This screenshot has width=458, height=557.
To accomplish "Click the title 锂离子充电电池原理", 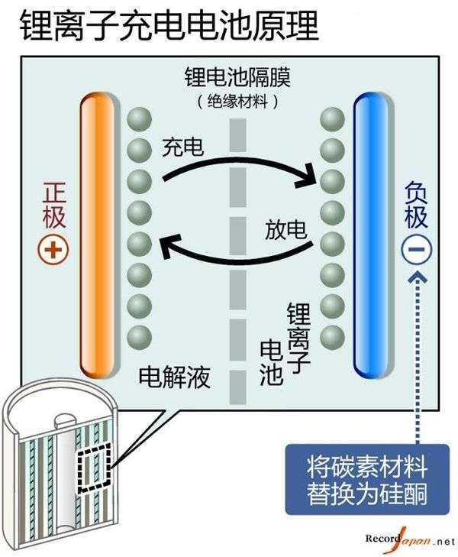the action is coord(169,25).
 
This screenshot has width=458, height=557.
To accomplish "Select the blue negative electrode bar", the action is coord(370,235).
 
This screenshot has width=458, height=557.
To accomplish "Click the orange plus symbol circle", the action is coord(53,250).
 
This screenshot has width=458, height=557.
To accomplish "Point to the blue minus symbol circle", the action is coord(417,249).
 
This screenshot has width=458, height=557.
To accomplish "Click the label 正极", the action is coord(54,206).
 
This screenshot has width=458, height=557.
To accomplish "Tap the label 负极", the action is coord(416,205).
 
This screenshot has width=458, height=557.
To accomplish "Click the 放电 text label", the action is coord(286,229).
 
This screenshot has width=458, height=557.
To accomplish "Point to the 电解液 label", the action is coord(174,377).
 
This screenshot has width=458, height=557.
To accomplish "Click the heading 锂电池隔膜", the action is coord(237,77).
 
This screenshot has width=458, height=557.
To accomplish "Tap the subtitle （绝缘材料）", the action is coord(237,102).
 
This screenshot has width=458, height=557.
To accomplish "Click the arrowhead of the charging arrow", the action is coord(308,176).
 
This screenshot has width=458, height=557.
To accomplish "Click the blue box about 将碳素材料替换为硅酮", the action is coord(367,479).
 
